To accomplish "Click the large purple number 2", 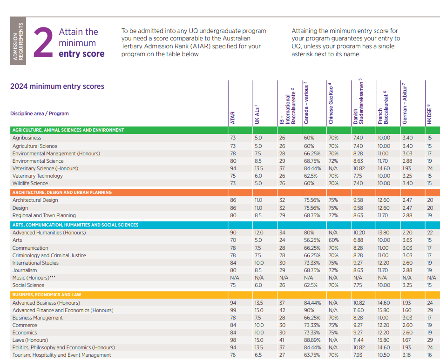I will [x=42, y=42].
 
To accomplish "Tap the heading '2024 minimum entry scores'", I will [x=57, y=86].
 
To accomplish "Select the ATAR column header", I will [x=233, y=117].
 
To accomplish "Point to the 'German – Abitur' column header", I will [x=405, y=105].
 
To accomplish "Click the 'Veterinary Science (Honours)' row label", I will [x=45, y=168].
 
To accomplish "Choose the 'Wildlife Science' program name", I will [x=30, y=183].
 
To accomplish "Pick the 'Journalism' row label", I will [x=25, y=270].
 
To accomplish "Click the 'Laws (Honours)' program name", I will [x=30, y=340].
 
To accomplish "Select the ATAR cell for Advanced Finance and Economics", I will [x=233, y=310].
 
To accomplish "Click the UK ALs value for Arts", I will [x=258, y=240].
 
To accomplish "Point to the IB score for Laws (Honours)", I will [x=282, y=340].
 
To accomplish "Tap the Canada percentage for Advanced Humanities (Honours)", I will [x=309, y=233].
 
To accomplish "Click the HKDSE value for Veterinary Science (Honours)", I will [x=430, y=168].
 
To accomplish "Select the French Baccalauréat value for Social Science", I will [x=384, y=285].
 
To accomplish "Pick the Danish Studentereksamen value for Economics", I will [x=358, y=333].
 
